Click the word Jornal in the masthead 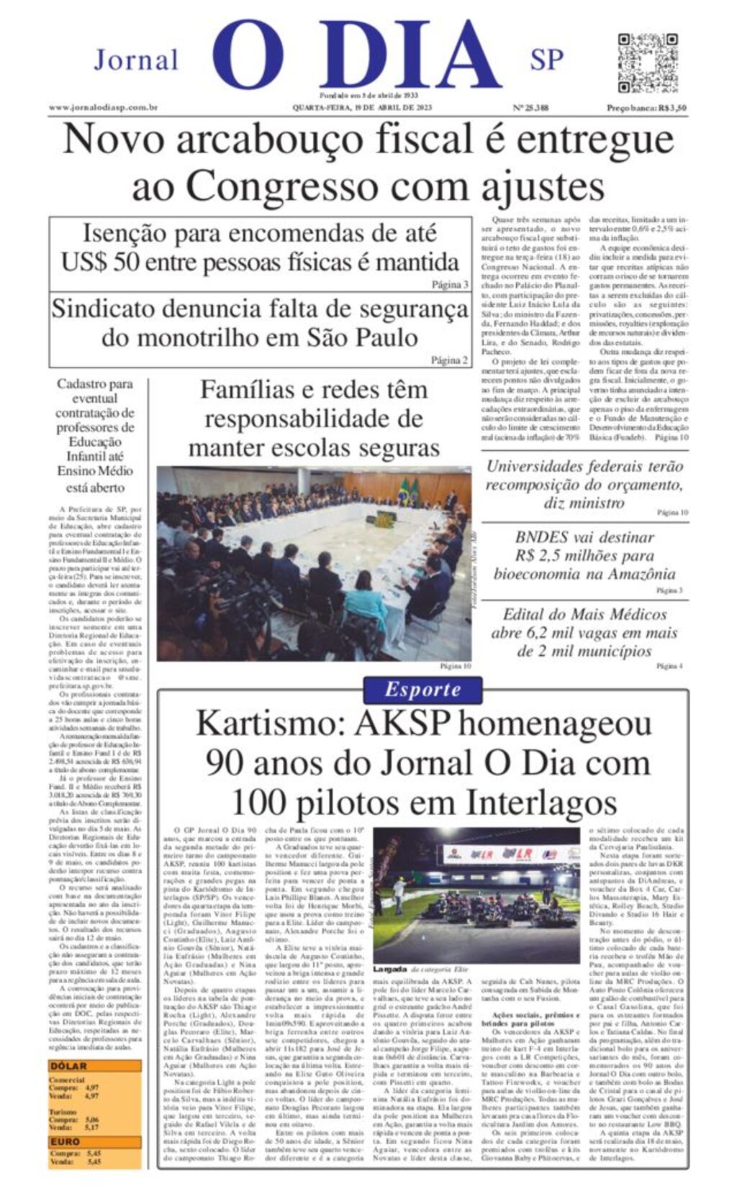pyautogui.click(x=136, y=60)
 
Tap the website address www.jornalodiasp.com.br pyautogui.click(x=103, y=108)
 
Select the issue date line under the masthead pyautogui.click(x=361, y=108)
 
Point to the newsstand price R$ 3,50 pyautogui.click(x=646, y=108)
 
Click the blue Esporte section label pyautogui.click(x=422, y=690)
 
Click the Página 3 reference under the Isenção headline pyautogui.click(x=450, y=284)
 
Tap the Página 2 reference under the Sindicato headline pyautogui.click(x=450, y=360)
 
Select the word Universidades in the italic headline pyautogui.click(x=535, y=466)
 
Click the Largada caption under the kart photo pyautogui.click(x=389, y=969)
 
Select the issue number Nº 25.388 pyautogui.click(x=530, y=108)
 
